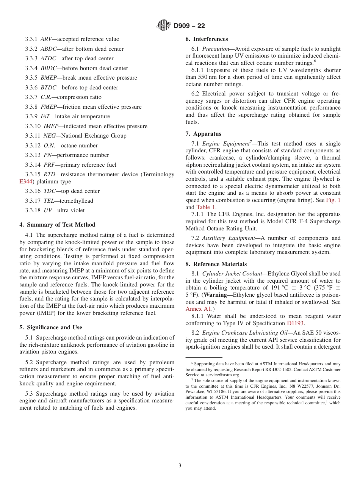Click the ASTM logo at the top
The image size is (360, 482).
[164, 26]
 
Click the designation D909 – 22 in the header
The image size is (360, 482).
[189, 26]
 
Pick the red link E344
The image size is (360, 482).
[25, 182]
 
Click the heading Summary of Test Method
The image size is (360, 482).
[61, 225]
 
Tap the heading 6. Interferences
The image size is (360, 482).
[207, 39]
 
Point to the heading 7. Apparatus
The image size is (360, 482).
[203, 134]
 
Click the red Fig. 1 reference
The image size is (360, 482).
[333, 200]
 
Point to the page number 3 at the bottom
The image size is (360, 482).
[180, 465]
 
